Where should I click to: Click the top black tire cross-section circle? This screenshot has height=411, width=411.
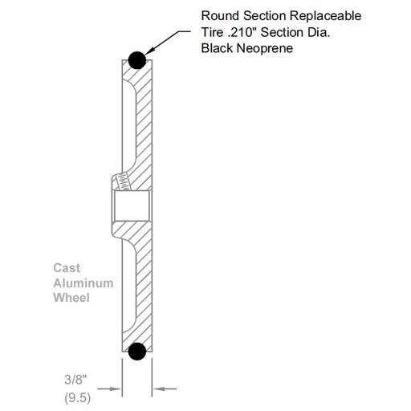(136, 59)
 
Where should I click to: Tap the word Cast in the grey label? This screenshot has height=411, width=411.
(67, 270)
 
